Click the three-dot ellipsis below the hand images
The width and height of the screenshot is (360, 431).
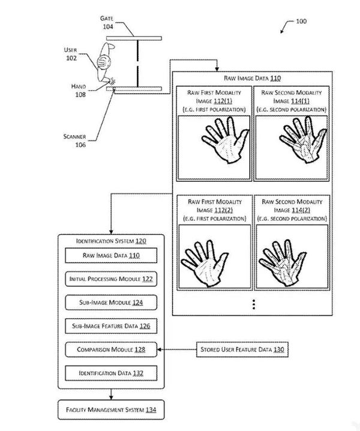click(x=254, y=304)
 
